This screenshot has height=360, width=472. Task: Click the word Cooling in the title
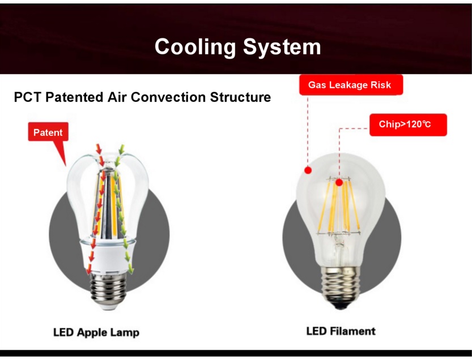click(x=195, y=47)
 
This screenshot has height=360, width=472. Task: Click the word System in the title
click(x=282, y=47)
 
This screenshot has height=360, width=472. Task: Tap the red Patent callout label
click(x=48, y=132)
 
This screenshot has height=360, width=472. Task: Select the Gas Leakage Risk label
click(x=351, y=85)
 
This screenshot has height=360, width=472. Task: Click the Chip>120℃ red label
click(x=408, y=125)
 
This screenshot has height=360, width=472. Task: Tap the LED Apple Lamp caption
click(x=96, y=332)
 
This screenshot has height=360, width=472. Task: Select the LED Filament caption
click(x=341, y=331)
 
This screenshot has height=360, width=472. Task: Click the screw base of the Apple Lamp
click(x=108, y=289)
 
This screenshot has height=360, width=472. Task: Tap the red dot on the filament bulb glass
click(x=308, y=170)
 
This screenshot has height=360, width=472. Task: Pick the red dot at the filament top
click(x=339, y=182)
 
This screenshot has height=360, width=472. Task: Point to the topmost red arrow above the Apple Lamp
click(x=99, y=149)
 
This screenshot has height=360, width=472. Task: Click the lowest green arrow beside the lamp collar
click(x=130, y=268)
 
